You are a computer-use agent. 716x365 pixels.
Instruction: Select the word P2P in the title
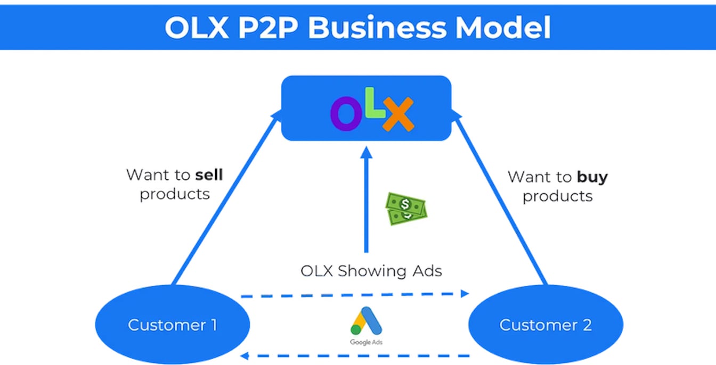pyautogui.click(x=267, y=28)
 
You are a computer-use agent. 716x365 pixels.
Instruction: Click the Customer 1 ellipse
pyautogui.click(x=172, y=325)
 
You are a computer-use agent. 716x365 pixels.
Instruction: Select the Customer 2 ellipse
pyautogui.click(x=545, y=325)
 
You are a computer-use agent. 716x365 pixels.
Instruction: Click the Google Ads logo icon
pyautogui.click(x=366, y=321)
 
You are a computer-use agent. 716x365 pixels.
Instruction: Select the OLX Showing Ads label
pyautogui.click(x=371, y=271)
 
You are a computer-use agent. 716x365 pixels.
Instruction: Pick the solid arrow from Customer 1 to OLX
pyautogui.click(x=224, y=200)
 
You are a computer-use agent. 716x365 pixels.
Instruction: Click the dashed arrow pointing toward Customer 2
pyautogui.click(x=354, y=293)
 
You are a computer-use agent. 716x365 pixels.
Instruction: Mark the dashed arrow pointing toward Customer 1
pyautogui.click(x=354, y=355)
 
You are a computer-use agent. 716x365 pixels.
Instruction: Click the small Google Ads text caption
pyautogui.click(x=366, y=342)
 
